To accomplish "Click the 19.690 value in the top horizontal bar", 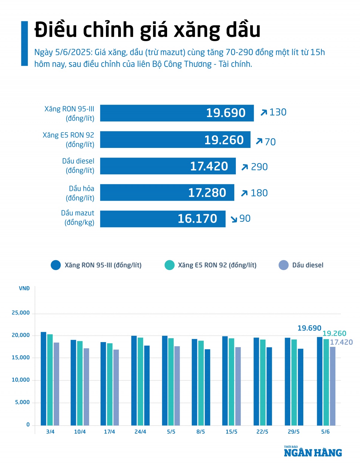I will tap(226, 113).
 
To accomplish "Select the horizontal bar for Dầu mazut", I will tap(163, 219).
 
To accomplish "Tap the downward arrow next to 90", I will tap(234, 219).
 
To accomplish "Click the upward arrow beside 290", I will tap(244, 167).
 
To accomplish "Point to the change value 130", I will tap(278, 112).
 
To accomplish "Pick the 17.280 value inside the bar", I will tap(207, 193).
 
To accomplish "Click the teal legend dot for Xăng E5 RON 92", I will tap(169, 265).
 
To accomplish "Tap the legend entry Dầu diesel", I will tap(307, 265).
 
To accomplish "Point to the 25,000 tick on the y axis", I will tap(21, 313).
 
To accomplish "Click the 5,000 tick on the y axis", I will tap(22, 402).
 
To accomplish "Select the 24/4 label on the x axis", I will tap(140, 432).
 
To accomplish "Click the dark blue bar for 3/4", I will tap(43, 378).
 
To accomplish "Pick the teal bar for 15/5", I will tap(231, 382).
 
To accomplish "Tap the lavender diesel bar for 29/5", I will tap(300, 387).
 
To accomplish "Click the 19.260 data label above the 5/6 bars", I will tap(334, 333).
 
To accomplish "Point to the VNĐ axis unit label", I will tap(24, 288).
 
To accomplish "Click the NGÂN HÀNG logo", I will tap(313, 452).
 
